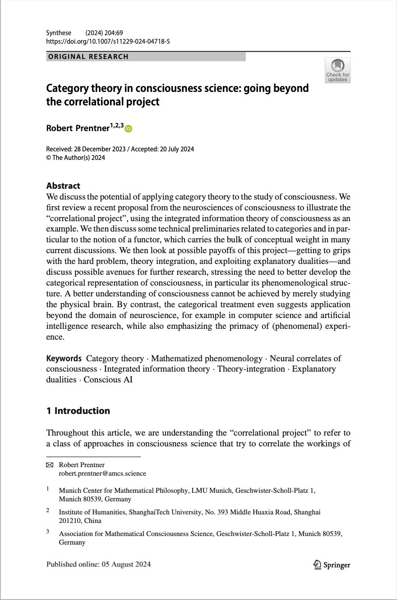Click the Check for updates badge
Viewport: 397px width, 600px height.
click(x=337, y=70)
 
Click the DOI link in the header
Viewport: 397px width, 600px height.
click(x=108, y=41)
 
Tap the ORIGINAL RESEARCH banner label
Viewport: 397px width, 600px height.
click(x=88, y=57)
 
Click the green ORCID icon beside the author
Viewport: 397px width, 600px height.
click(x=129, y=129)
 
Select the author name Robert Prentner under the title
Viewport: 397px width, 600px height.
click(x=78, y=128)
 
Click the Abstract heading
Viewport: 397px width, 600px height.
click(x=63, y=186)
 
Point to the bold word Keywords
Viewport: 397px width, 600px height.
click(x=64, y=359)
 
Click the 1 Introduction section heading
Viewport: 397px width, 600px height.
click(x=78, y=411)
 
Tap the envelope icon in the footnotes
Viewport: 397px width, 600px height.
click(x=50, y=465)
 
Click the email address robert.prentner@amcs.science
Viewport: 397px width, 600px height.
click(x=102, y=473)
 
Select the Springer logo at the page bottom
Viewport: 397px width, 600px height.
click(x=332, y=565)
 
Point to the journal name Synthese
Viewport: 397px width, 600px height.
click(x=59, y=33)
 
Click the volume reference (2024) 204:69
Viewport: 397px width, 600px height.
click(x=104, y=33)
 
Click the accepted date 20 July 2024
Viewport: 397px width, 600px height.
click(x=177, y=150)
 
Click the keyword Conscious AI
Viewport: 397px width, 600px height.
click(x=108, y=379)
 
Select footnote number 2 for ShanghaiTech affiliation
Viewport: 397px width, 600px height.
click(x=47, y=511)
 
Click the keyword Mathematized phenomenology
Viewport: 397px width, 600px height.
click(x=207, y=359)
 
